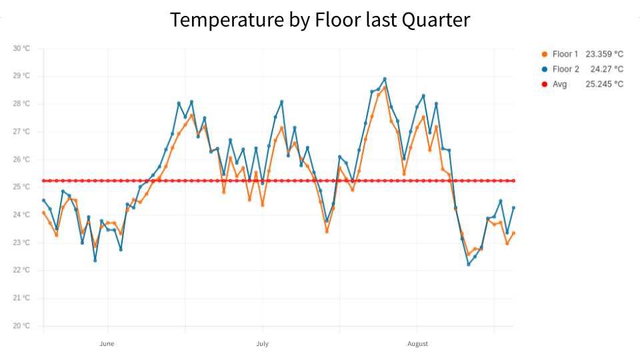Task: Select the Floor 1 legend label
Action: [565, 53]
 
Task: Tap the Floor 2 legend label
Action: [565, 69]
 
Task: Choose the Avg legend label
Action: [560, 84]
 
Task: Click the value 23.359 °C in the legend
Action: [604, 53]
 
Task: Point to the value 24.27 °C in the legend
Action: [607, 69]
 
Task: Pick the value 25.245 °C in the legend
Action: [604, 84]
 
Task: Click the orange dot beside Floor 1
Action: [545, 53]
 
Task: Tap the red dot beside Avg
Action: [545, 84]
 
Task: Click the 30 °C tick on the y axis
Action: [21, 49]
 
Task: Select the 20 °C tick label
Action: [21, 326]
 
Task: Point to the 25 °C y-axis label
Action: [21, 187]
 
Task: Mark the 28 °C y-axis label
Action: [21, 104]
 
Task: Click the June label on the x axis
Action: [107, 344]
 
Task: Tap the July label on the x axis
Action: [262, 344]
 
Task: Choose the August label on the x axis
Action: [417, 344]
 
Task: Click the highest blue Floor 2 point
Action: [385, 79]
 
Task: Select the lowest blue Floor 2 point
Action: [469, 264]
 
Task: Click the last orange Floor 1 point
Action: [513, 233]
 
